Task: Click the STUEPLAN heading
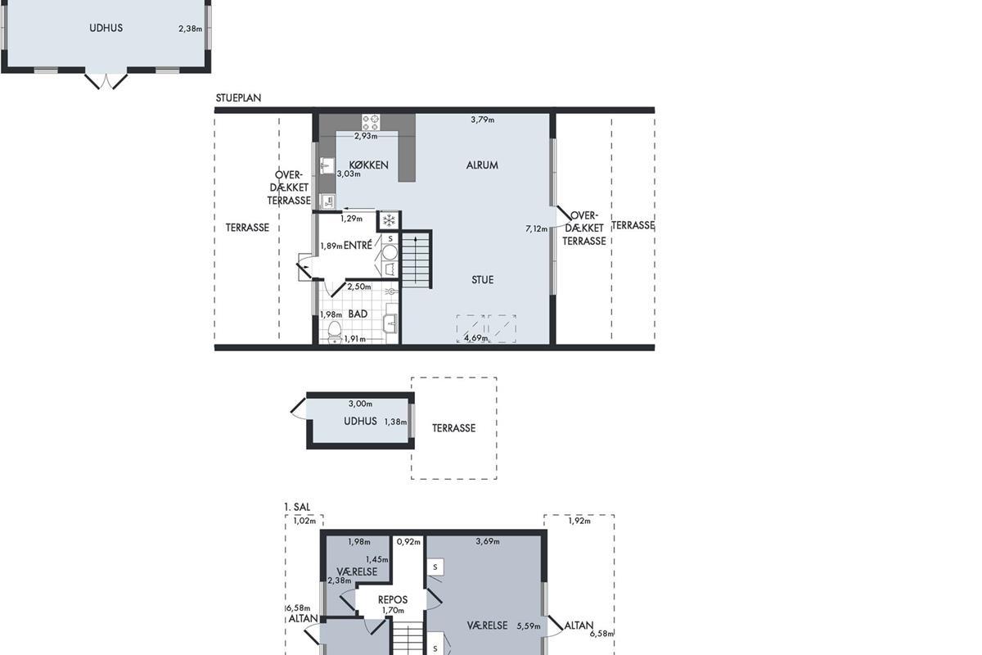238,97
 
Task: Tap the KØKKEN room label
369,165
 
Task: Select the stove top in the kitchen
371,122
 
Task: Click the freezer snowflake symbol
389,221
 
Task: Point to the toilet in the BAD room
335,332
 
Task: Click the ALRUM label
482,165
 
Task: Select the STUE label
482,280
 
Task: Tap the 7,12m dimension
537,228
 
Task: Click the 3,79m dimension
483,120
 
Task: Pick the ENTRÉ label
358,246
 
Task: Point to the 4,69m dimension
476,338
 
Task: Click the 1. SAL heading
297,507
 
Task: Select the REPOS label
393,599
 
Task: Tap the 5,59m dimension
529,626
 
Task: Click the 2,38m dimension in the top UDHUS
190,29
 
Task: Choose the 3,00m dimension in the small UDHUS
360,404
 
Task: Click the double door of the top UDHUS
106,81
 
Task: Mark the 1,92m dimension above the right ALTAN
579,522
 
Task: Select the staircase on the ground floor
417,260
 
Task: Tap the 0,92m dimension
408,542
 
